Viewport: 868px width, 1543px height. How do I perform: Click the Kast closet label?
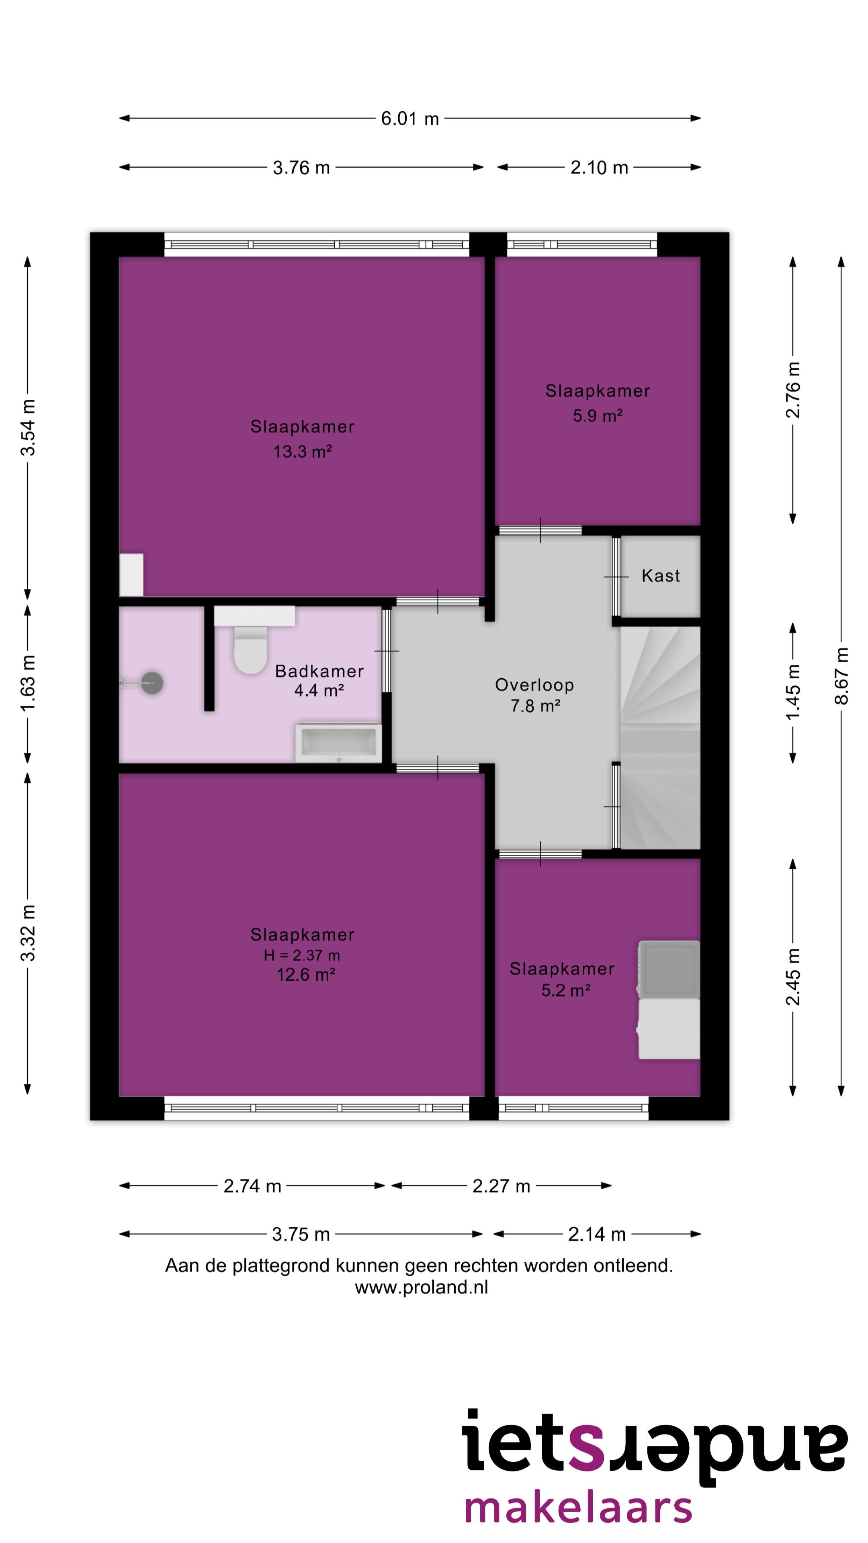[661, 576]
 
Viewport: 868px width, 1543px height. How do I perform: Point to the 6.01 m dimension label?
[410, 119]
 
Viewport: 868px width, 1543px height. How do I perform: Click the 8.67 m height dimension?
[841, 675]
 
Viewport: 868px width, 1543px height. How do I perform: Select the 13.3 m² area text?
[303, 452]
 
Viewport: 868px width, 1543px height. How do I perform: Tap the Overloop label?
[534, 685]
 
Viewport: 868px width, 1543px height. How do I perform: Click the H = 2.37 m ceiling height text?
[302, 956]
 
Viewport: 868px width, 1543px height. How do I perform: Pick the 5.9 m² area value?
[598, 416]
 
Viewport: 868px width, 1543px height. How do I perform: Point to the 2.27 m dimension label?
[502, 1186]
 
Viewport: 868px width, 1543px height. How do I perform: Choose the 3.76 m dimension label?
[301, 168]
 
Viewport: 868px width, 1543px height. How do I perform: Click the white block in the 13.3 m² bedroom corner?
[131, 575]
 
